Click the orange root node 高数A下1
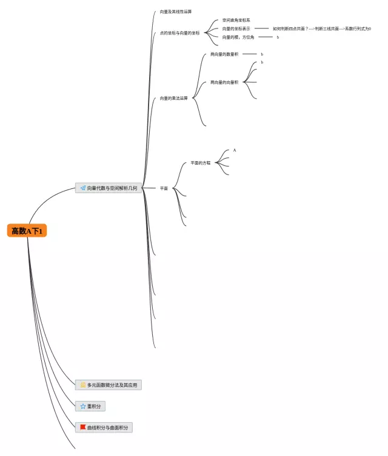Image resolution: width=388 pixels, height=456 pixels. coord(27,231)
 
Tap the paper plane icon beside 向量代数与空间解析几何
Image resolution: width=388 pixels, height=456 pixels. coord(82,188)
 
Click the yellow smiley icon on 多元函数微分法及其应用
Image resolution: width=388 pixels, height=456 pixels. coord(82,385)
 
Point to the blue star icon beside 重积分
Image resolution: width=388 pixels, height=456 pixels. coord(83,406)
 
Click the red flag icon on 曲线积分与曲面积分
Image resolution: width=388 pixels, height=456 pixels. coord(82,427)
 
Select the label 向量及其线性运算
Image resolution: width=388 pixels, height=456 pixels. coord(176,12)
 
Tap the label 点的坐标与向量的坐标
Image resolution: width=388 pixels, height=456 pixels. coord(179,33)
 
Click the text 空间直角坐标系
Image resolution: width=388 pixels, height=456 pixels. coord(236,20)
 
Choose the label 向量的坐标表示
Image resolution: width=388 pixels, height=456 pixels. coord(236,28)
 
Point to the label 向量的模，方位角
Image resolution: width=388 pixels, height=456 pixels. coord(238,38)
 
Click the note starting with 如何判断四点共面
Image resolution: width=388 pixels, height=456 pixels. coord(321,28)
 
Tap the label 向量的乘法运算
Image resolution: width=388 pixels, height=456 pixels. coord(174,97)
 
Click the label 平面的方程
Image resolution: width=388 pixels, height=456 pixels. coord(201,163)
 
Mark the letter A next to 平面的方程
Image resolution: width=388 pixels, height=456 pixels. coord(235,150)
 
